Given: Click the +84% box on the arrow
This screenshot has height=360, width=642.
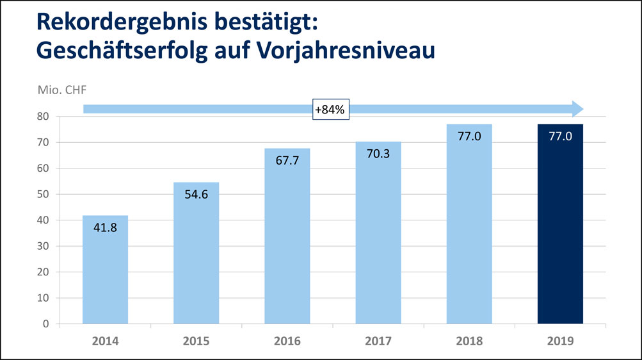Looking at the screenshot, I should click(330, 110).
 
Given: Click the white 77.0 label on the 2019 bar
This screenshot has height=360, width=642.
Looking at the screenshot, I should click(560, 136).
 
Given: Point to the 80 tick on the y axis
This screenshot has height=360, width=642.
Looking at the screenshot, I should click(43, 117).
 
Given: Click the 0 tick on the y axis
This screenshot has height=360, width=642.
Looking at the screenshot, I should click(46, 324).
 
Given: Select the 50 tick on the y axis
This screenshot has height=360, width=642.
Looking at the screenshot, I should click(43, 194).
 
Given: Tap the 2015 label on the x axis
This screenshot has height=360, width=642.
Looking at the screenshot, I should click(197, 341).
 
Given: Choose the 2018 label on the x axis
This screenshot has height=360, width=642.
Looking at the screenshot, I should click(469, 341).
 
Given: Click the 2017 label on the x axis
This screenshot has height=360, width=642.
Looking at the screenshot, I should click(378, 341).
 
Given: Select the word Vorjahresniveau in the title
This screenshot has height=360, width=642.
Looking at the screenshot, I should click(339, 50).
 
